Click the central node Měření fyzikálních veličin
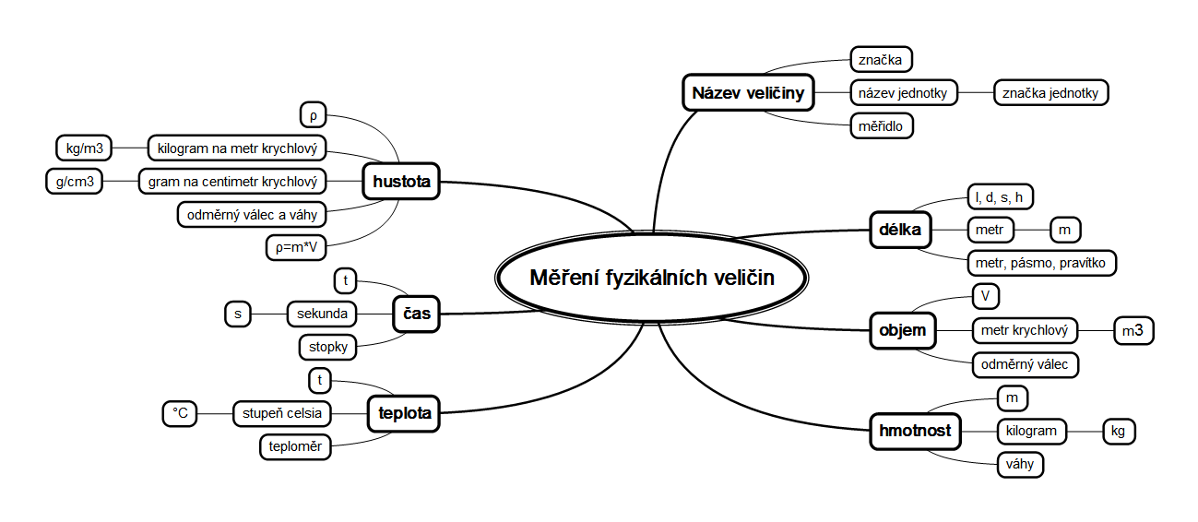tap(652, 278)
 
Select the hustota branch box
tap(401, 182)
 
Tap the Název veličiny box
tap(748, 92)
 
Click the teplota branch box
tap(404, 413)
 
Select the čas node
tap(416, 314)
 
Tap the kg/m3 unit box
tap(84, 147)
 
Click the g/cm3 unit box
tap(75, 181)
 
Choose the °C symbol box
tap(180, 414)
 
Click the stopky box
tap(327, 348)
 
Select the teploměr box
tap(295, 447)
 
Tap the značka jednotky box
tap(1050, 92)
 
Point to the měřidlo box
tap(881, 125)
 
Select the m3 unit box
tap(1134, 330)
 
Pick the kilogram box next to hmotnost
tap(1031, 431)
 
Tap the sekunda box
tap(321, 314)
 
